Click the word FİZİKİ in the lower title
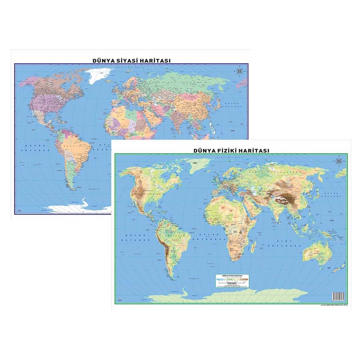(x=227, y=150)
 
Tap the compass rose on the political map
(x=240, y=72)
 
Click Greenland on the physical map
(x=198, y=164)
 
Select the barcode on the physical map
(x=338, y=296)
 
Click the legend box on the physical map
(x=232, y=280)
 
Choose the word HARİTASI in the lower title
(x=255, y=150)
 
